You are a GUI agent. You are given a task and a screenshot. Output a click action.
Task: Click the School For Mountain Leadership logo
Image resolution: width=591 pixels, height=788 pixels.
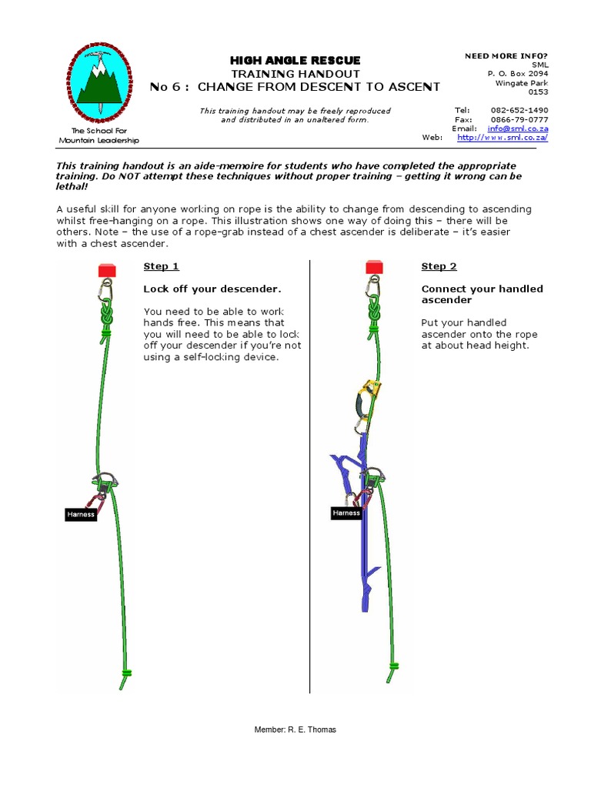(98, 84)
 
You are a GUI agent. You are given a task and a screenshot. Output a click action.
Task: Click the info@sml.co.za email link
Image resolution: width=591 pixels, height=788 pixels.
(517, 129)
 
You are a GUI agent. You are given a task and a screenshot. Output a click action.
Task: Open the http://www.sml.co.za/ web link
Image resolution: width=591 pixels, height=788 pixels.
(503, 138)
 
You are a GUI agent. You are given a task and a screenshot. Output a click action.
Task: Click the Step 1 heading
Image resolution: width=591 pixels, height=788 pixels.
(161, 266)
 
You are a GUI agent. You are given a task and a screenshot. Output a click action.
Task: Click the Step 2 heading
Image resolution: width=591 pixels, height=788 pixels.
(439, 266)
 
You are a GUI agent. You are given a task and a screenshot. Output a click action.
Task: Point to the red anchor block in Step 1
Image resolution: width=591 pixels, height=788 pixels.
(106, 270)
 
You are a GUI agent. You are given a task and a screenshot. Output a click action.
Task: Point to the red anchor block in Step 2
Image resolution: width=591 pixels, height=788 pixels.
(375, 266)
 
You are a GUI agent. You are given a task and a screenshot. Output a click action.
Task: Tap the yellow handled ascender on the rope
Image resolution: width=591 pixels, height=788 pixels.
(372, 389)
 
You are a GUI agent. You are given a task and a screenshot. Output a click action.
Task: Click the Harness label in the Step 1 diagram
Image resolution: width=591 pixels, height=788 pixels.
(81, 514)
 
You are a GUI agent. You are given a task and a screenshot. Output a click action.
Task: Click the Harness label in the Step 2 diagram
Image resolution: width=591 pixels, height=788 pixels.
(346, 513)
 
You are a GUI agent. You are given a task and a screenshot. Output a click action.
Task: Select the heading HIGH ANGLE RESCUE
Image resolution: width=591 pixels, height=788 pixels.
(295, 60)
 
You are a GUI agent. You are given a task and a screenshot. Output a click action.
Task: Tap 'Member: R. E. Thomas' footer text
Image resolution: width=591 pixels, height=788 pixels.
(295, 730)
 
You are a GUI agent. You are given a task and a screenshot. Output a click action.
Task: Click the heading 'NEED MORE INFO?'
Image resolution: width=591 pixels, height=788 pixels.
(506, 55)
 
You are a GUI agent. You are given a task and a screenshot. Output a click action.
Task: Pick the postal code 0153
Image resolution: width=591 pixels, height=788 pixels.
(538, 92)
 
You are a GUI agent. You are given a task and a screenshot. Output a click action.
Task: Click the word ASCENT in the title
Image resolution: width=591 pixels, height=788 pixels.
(411, 87)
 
